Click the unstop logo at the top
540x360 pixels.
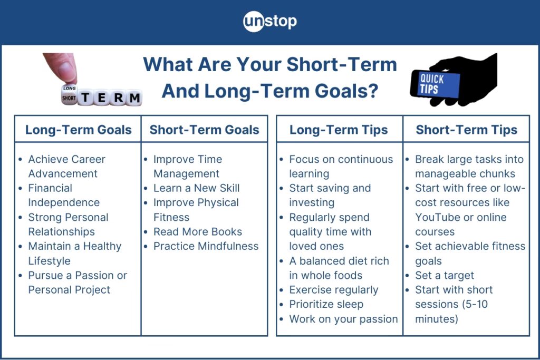[269, 22]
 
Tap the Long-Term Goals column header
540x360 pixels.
[79, 130]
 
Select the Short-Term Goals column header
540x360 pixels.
[204, 130]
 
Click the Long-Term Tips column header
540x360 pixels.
[339, 130]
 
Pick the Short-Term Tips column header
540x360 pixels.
[467, 130]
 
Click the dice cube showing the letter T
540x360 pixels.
[85, 98]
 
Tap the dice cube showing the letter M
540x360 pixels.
[134, 98]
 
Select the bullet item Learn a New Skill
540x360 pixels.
[196, 188]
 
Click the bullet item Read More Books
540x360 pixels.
[198, 231]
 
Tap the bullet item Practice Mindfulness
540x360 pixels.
[206, 246]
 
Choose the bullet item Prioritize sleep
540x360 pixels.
[326, 304]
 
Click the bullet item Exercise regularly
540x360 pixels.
[334, 290]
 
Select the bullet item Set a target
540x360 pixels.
[445, 275]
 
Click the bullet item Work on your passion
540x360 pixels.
[343, 319]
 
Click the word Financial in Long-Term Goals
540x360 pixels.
[50, 188]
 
